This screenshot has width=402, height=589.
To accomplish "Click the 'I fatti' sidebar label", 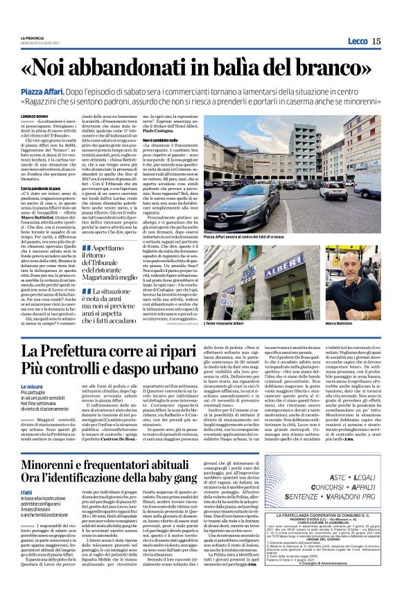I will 28,491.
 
